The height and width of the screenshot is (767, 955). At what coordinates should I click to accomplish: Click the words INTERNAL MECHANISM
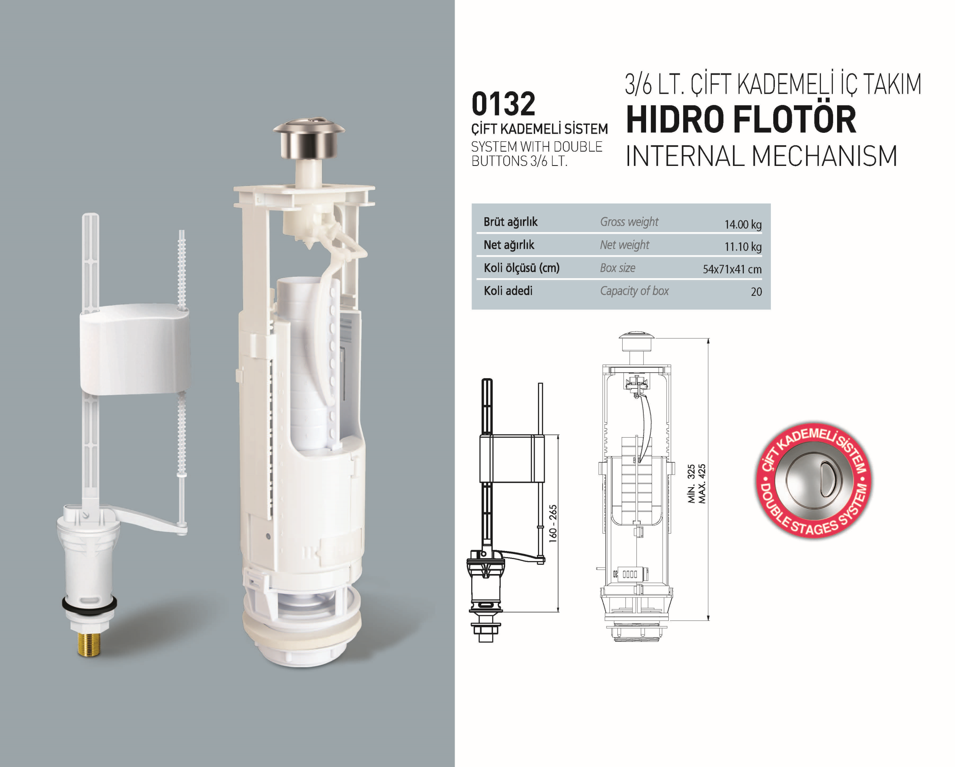pyautogui.click(x=762, y=156)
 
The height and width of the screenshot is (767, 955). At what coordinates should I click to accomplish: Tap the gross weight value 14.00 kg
pyautogui.click(x=743, y=224)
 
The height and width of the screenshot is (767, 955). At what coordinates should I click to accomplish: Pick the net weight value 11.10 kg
pyautogui.click(x=743, y=247)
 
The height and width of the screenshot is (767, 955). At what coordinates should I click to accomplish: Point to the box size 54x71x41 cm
pyautogui.click(x=732, y=269)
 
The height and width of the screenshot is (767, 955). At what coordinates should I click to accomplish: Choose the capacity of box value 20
pyautogui.click(x=756, y=291)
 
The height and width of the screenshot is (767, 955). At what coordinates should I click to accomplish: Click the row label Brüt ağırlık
pyautogui.click(x=510, y=222)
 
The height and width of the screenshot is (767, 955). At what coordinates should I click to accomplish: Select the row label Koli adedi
pyautogui.click(x=508, y=291)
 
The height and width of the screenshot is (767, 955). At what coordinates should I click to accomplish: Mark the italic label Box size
pyautogui.click(x=617, y=268)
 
